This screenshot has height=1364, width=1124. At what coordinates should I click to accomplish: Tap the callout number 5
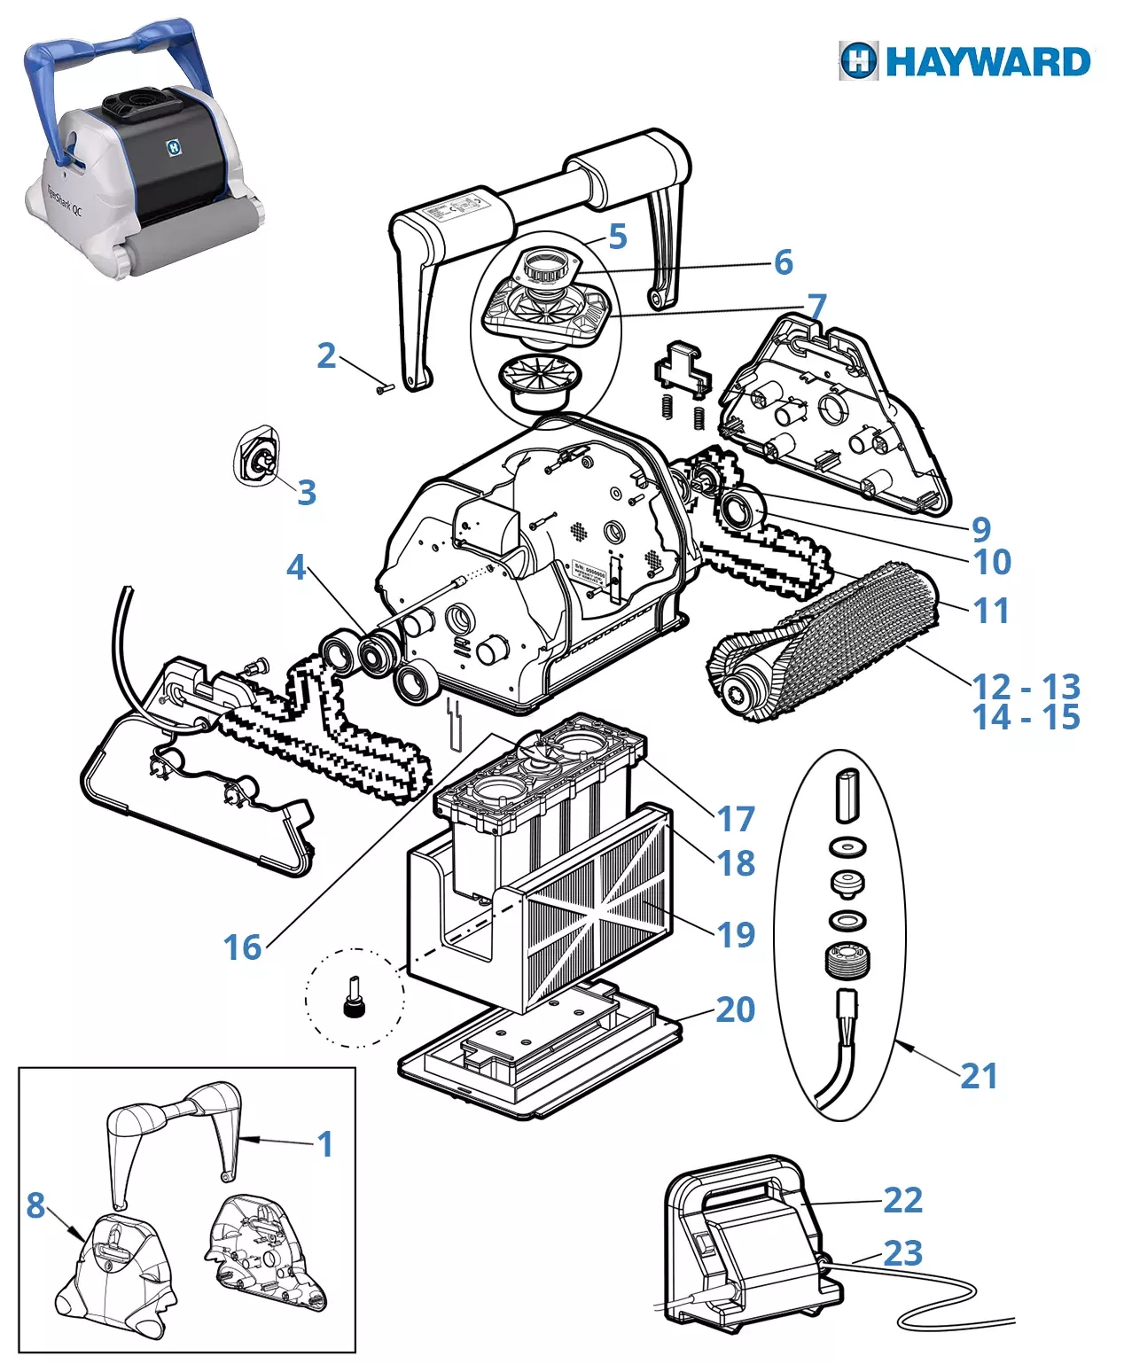[618, 237]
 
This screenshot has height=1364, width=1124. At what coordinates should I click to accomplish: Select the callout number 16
[242, 947]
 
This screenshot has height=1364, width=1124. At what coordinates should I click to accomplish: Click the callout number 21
[979, 1076]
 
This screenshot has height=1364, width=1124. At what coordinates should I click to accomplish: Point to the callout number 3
[306, 492]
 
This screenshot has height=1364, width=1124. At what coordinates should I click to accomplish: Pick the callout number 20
[735, 1009]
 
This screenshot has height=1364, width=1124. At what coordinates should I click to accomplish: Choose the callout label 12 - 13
[1026, 687]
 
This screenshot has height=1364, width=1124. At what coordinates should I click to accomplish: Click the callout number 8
[35, 1205]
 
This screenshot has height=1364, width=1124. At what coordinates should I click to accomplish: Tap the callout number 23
[902, 1253]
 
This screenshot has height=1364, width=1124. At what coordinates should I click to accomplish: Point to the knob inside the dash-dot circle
[355, 1002]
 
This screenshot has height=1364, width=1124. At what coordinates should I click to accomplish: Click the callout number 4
[296, 568]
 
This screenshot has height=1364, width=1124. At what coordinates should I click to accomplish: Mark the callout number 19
[735, 934]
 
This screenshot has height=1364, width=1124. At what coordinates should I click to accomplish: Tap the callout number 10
[992, 562]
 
